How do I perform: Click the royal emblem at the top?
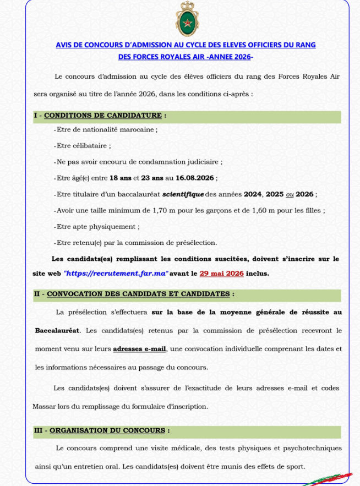click(x=186, y=19)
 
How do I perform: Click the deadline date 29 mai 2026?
click(x=222, y=273)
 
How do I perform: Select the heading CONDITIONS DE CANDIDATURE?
click(x=103, y=116)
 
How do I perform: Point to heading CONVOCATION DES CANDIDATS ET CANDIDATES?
click(x=138, y=294)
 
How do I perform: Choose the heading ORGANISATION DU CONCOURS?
click(x=107, y=430)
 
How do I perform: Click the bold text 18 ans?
click(x=120, y=178)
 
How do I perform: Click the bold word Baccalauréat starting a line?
click(x=58, y=330)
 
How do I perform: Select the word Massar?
click(x=45, y=406)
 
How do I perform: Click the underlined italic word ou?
click(x=290, y=194)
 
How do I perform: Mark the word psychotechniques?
click(x=311, y=448)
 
